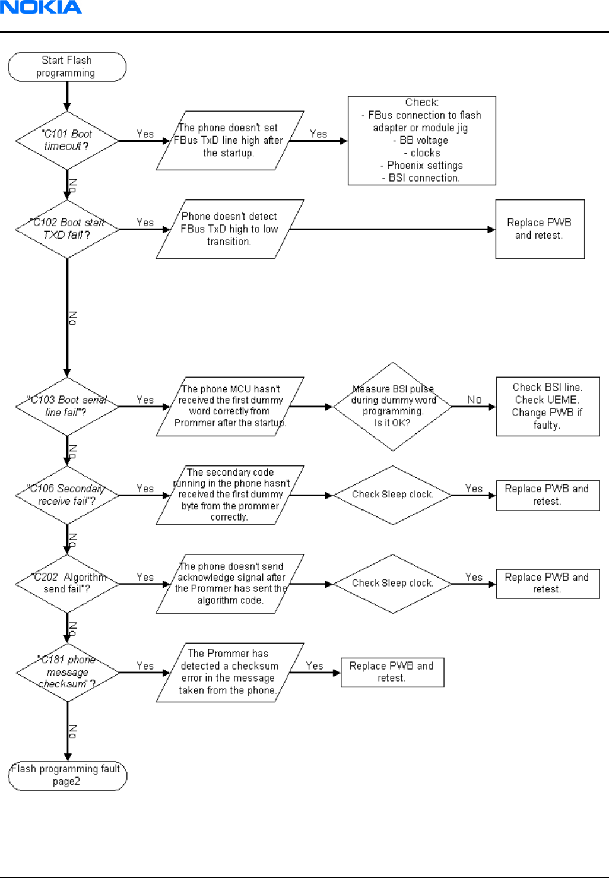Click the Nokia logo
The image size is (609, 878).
click(x=41, y=7)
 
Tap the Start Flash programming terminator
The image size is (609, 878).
click(x=67, y=66)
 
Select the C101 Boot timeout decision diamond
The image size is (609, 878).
click(x=67, y=140)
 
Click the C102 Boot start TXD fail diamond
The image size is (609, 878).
click(x=67, y=229)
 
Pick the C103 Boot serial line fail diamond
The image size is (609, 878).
click(x=67, y=407)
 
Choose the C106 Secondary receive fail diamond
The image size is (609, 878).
click(x=67, y=495)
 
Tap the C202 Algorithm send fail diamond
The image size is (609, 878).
click(x=67, y=584)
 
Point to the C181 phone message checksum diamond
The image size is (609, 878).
click(x=68, y=672)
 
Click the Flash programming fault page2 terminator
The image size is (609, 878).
click(x=68, y=776)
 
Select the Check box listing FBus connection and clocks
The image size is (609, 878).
click(x=421, y=140)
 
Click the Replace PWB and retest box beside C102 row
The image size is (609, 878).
click(x=540, y=229)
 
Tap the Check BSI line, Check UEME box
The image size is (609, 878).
click(x=548, y=407)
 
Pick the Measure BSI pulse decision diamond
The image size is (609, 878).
click(x=392, y=407)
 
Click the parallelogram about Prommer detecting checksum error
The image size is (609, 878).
click(x=230, y=672)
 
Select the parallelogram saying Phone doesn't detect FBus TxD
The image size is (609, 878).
click(x=230, y=229)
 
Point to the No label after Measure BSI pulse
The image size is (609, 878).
click(x=474, y=400)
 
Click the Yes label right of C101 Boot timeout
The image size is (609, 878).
click(x=145, y=134)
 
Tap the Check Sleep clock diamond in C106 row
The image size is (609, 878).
click(x=392, y=495)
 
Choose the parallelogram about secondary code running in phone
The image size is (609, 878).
click(x=230, y=495)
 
